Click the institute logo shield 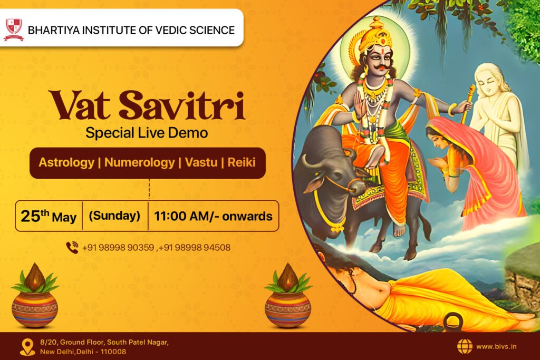click(x=14, y=30)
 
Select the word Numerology click(x=139, y=162)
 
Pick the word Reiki click(x=242, y=162)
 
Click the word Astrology click(x=66, y=162)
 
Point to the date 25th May click(x=49, y=217)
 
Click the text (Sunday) click(x=114, y=216)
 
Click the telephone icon click(x=72, y=247)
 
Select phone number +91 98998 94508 click(x=195, y=247)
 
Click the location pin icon click(x=27, y=347)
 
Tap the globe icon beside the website click(x=465, y=347)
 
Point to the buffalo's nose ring click(x=351, y=189)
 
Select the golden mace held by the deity click(x=468, y=103)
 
